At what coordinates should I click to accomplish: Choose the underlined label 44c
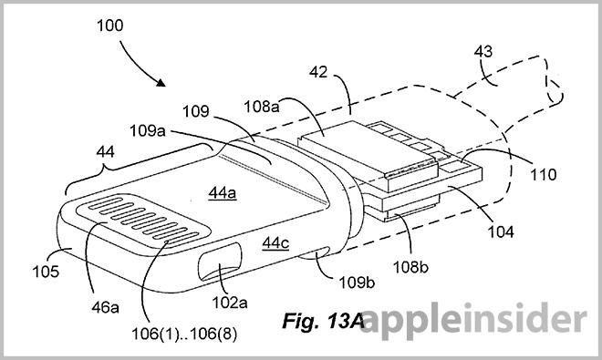click(x=275, y=242)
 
